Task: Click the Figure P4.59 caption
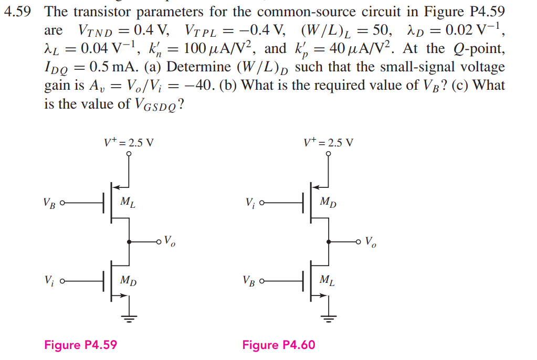point(80,345)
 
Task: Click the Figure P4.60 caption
point(279,345)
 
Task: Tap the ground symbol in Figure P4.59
point(129,316)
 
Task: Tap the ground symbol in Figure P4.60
point(329,316)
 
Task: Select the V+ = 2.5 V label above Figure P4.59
point(129,142)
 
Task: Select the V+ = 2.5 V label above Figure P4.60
point(329,142)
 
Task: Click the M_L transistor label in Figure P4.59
point(128,202)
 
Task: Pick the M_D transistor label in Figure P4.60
point(328,202)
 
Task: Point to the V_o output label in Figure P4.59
point(170,241)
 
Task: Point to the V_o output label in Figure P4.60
point(370,242)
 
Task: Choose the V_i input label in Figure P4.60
point(250,202)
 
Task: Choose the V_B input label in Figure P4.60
point(249,281)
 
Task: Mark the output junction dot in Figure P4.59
point(129,241)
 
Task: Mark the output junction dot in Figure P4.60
point(329,241)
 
